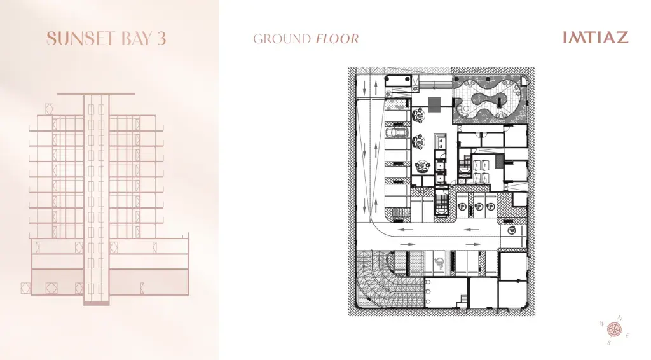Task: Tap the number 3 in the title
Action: (161, 39)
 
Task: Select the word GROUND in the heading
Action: (282, 39)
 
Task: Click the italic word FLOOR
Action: (337, 39)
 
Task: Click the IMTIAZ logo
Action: (595, 38)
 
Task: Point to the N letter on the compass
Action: (620, 318)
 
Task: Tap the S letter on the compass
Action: (609, 343)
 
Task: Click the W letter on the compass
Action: (602, 324)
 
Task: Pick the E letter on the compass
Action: (627, 335)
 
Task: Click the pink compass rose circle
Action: (615, 330)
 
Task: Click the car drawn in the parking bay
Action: (397, 132)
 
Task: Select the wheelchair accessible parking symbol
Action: (439, 262)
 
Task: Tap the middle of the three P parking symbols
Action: (478, 206)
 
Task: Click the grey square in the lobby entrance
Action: (434, 104)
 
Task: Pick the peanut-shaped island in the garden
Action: (491, 100)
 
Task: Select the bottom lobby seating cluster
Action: (421, 166)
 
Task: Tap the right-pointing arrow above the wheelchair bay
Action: (473, 244)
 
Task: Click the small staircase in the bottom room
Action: (462, 300)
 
